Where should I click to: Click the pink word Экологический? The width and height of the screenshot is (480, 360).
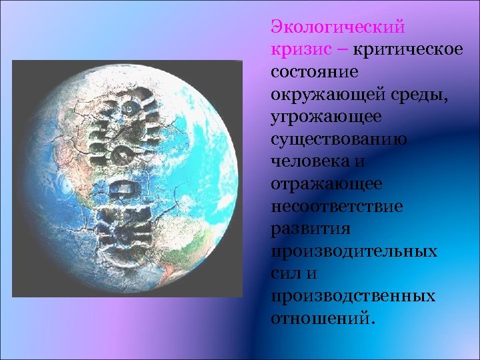click(337, 27)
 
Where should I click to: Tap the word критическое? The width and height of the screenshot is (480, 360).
click(407, 50)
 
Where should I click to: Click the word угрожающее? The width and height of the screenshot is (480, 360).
click(326, 117)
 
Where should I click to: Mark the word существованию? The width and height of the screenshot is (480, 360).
click(340, 140)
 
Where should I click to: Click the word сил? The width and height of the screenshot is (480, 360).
click(284, 274)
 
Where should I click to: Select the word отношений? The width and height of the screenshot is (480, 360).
click(321, 319)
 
